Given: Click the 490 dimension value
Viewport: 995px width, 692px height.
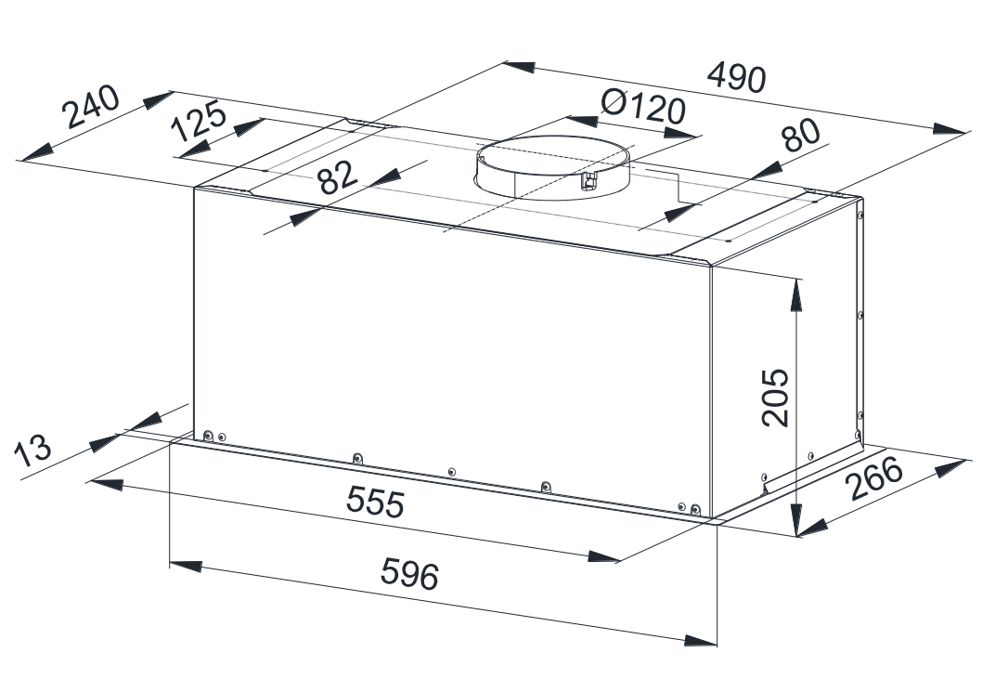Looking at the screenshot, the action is (x=737, y=77).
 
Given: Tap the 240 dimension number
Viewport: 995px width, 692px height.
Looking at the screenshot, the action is (x=90, y=106).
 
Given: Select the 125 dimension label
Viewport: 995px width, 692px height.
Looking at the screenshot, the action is (x=200, y=121).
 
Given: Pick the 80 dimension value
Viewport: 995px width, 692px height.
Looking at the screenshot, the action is (x=801, y=136).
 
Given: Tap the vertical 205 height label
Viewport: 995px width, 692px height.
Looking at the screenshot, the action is (x=775, y=398).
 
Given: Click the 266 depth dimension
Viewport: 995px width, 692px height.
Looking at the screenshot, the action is (x=875, y=477).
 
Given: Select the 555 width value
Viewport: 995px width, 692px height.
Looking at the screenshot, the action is (x=374, y=502).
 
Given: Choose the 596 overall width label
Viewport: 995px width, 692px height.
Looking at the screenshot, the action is (x=409, y=573).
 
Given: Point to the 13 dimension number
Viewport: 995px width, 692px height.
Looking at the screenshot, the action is (x=32, y=450).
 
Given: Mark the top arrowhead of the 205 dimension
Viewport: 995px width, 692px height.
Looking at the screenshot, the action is (x=795, y=295).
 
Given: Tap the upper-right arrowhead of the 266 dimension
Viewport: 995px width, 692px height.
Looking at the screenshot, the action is (x=950, y=468).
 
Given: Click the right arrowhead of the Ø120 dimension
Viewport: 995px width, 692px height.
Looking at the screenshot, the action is (x=681, y=134).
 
